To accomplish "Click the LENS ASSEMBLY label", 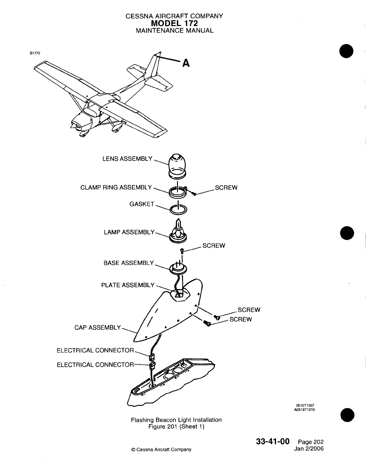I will (127, 159).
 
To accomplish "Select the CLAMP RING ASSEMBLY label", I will (116, 188).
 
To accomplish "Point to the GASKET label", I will (142, 204).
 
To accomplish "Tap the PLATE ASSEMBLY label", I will (128, 285).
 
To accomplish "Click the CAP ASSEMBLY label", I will (97, 328).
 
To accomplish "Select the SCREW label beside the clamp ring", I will (226, 188).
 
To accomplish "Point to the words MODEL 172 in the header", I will (175, 23).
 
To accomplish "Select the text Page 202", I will (311, 442).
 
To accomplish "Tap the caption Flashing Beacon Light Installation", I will (176, 420).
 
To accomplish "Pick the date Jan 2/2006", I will (309, 449).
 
